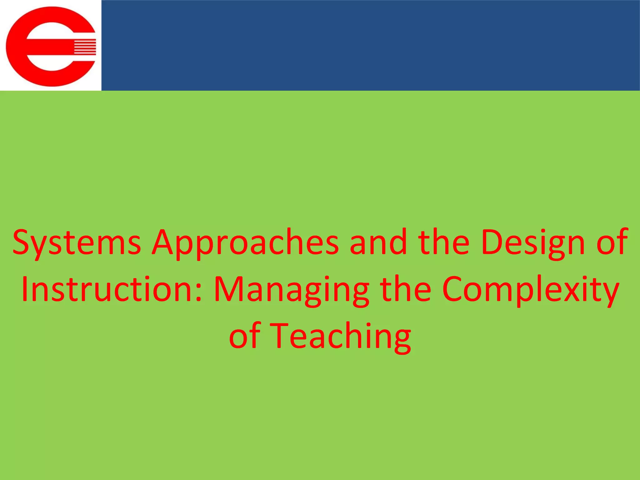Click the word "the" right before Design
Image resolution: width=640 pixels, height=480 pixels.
(444, 242)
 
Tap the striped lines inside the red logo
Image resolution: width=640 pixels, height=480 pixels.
(84, 47)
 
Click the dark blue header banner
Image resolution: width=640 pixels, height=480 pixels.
(370, 45)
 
